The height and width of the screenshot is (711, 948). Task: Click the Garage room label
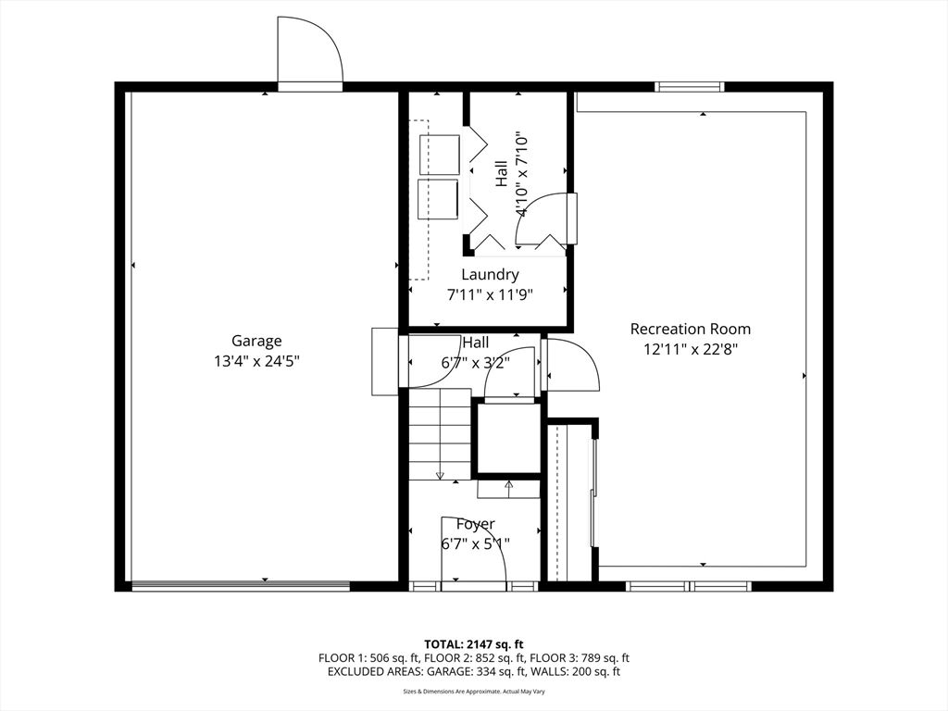click(x=256, y=341)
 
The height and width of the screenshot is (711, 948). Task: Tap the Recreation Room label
click(x=691, y=329)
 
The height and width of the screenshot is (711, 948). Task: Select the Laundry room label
click(x=490, y=275)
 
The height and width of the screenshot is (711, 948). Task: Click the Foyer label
click(x=475, y=524)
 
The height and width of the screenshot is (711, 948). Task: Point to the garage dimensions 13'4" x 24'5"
click(x=256, y=362)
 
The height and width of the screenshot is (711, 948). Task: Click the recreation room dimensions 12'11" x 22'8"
click(x=691, y=349)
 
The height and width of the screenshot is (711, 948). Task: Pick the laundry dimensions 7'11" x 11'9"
click(x=490, y=295)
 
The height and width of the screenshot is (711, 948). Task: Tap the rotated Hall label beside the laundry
click(x=502, y=173)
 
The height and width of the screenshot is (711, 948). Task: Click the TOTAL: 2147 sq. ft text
click(x=473, y=644)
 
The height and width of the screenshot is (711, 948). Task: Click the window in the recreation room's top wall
click(x=690, y=86)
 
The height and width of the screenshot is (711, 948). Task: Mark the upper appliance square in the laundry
click(x=439, y=156)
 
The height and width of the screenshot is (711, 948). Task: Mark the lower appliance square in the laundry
click(x=438, y=199)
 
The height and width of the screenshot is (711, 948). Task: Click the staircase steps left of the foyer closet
click(x=440, y=435)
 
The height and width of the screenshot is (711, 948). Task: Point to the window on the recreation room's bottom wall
click(x=689, y=586)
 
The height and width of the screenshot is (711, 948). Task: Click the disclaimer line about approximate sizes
click(x=473, y=691)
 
